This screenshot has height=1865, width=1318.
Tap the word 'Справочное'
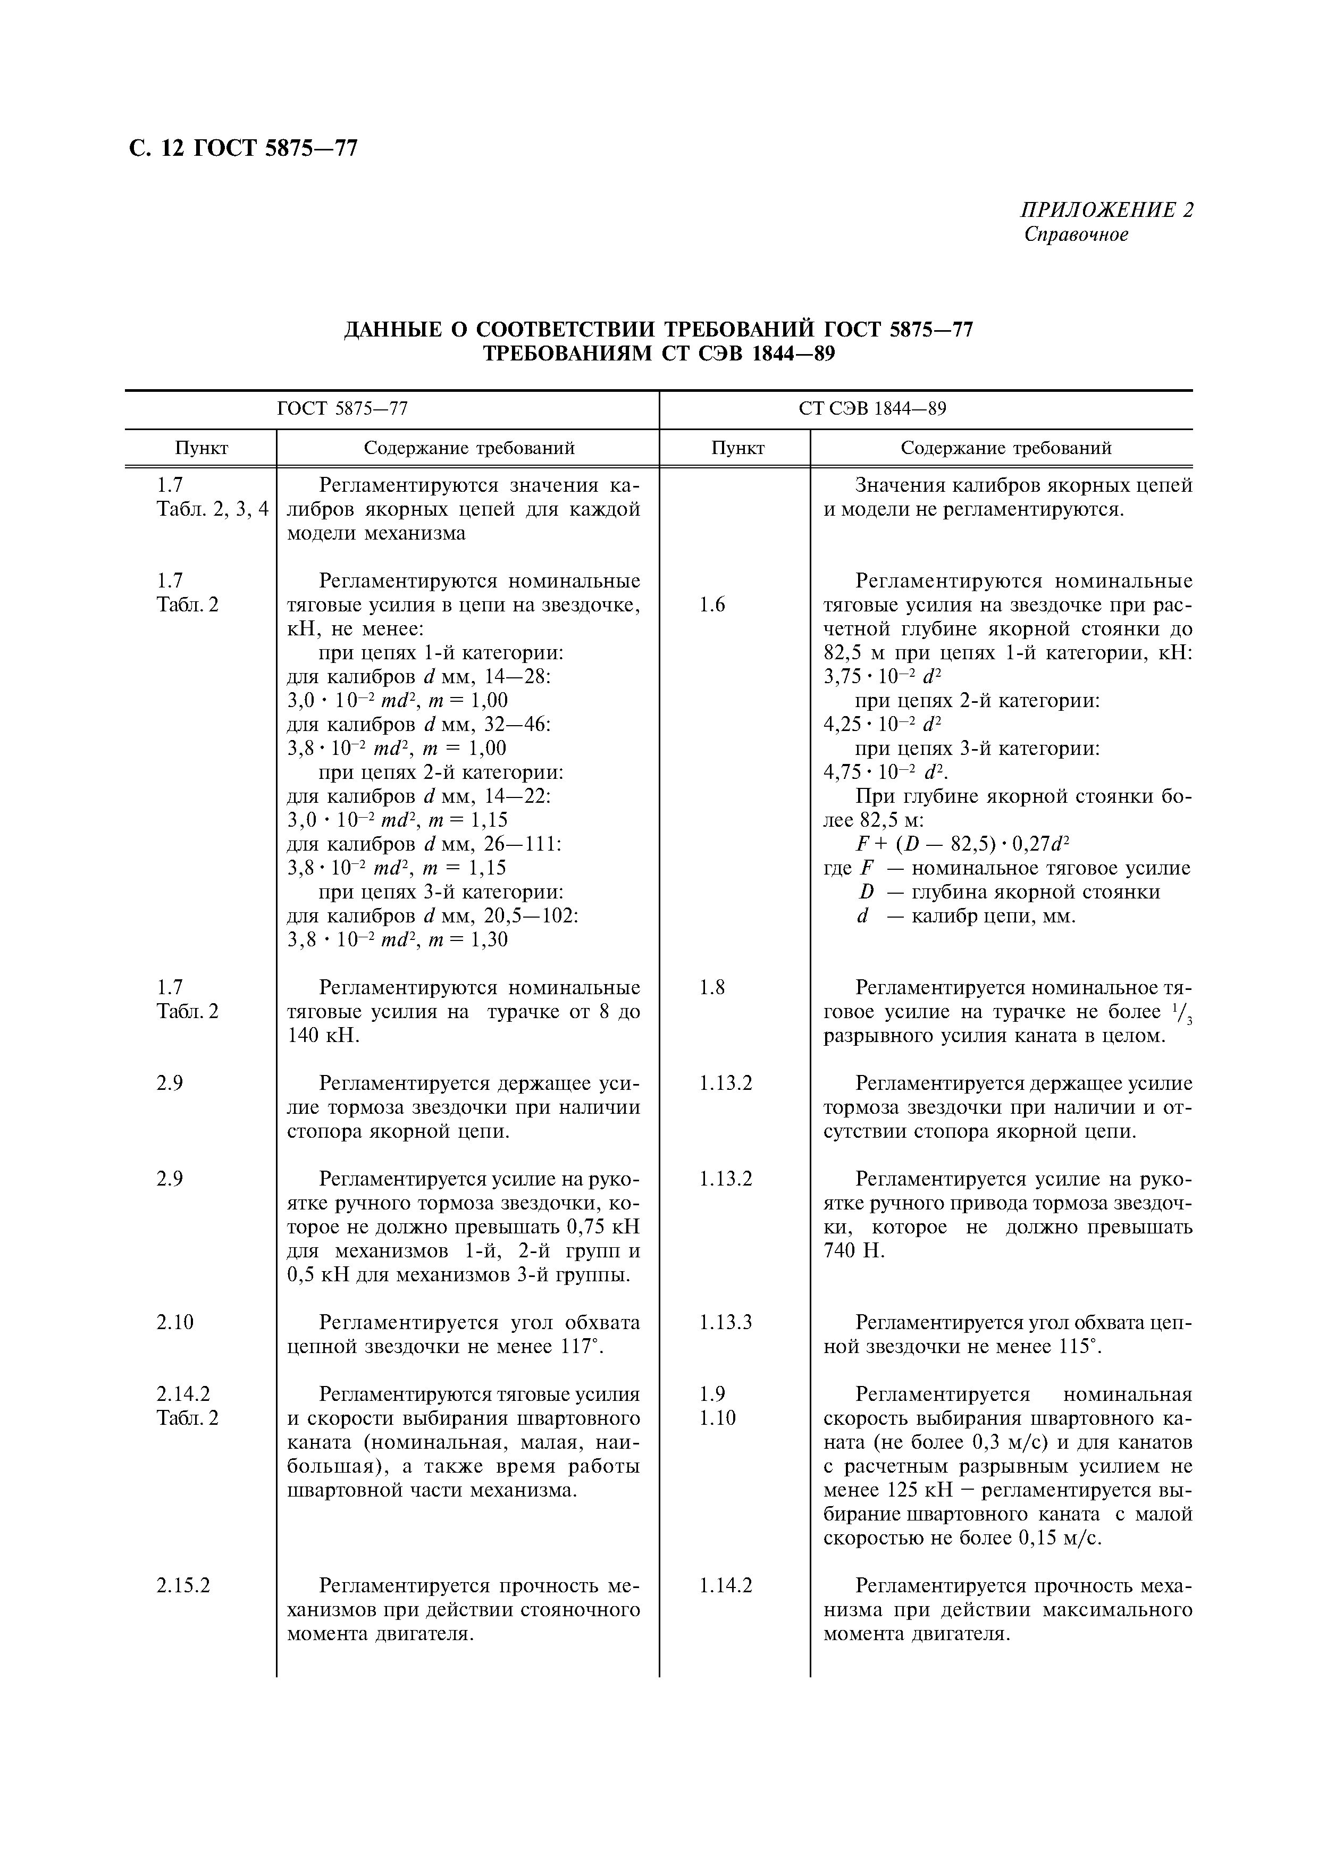(x=1076, y=235)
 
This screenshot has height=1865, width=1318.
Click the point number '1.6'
(x=712, y=604)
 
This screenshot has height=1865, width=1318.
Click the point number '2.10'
(x=175, y=1322)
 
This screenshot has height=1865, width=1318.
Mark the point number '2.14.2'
(x=183, y=1394)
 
